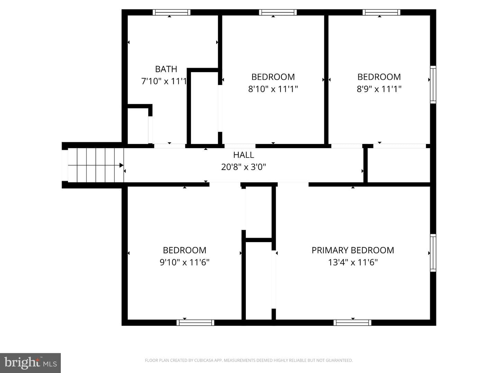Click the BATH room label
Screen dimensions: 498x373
click(166, 69)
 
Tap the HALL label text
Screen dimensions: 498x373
click(243, 155)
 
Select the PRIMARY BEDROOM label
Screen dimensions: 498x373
click(353, 250)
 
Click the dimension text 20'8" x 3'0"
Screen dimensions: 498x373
click(243, 167)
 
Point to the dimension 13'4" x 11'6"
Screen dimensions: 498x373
click(353, 262)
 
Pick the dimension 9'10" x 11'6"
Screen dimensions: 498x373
click(184, 262)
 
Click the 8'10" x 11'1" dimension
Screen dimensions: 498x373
click(273, 89)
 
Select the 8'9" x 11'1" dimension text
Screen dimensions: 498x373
click(379, 89)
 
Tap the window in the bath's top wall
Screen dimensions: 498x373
click(171, 12)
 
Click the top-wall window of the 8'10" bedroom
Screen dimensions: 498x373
click(278, 12)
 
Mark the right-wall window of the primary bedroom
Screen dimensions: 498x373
click(433, 253)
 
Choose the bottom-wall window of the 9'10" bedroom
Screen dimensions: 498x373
click(195, 323)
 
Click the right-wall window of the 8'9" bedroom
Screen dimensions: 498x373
click(433, 85)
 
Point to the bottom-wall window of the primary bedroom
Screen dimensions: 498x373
click(352, 323)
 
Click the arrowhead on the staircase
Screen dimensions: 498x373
click(121, 165)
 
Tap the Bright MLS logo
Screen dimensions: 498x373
click(30, 363)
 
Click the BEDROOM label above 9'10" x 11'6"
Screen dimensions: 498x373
click(184, 250)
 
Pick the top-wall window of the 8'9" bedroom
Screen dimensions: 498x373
click(381, 12)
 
